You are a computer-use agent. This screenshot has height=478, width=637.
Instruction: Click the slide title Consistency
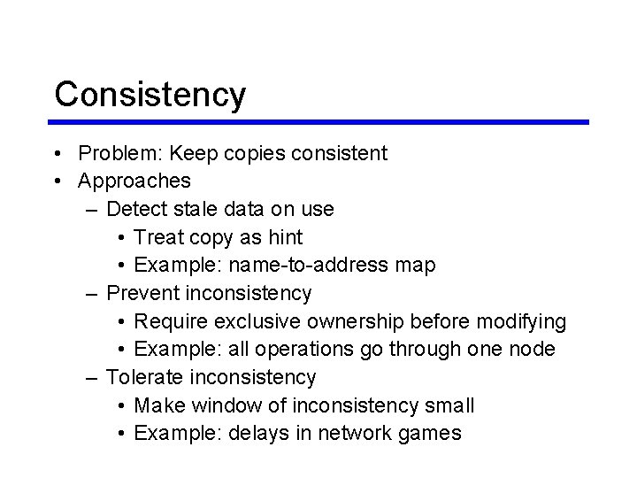(x=150, y=95)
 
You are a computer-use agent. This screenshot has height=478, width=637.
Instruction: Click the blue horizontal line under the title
(x=321, y=122)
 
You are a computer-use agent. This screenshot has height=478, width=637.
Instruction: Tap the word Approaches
(x=134, y=181)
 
